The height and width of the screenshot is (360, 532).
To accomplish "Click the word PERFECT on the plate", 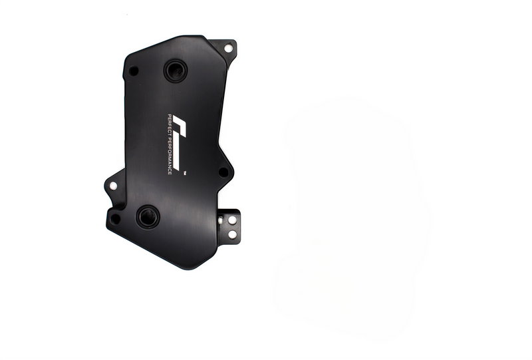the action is (x=170, y=124).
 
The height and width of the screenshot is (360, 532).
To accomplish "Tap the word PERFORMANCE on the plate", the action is (x=170, y=155).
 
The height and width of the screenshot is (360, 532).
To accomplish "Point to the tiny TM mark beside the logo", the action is (x=185, y=173).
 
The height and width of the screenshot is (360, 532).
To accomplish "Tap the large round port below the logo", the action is (x=148, y=216).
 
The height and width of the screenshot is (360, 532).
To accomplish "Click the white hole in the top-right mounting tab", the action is (x=228, y=48).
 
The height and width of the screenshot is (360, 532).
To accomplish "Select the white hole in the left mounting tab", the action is (x=113, y=186).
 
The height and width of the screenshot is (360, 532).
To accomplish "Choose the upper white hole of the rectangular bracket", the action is (x=232, y=220).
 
